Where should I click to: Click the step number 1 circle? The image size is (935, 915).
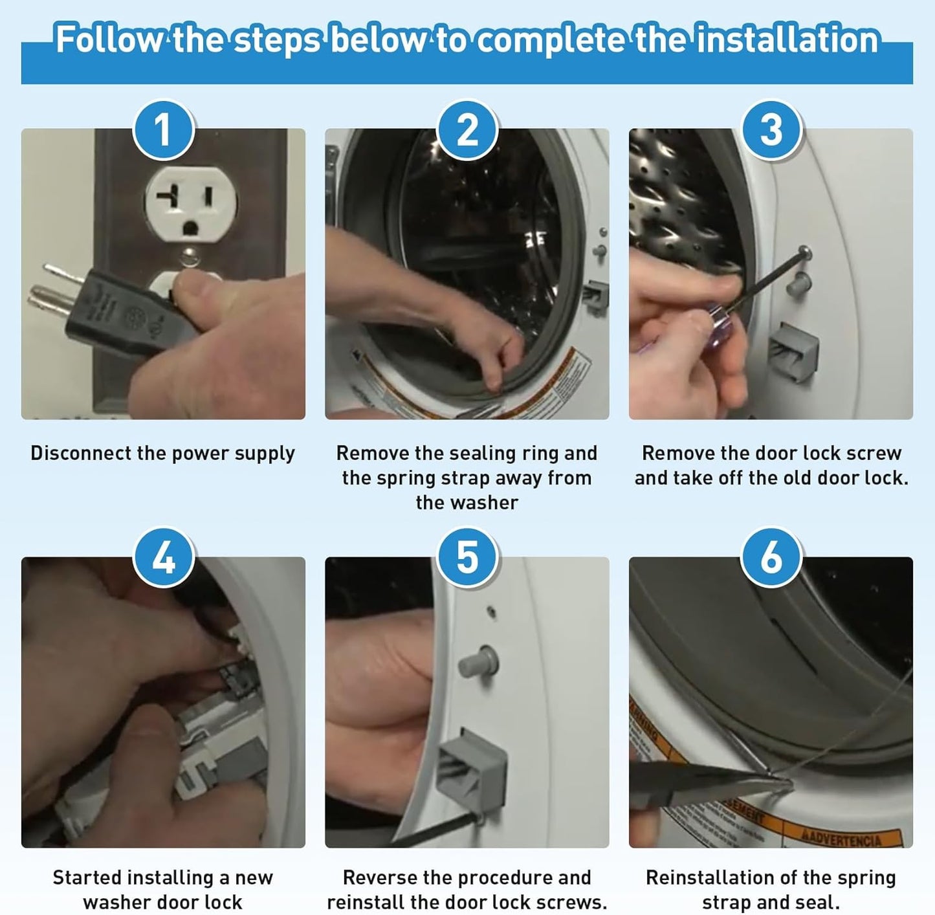tap(163, 129)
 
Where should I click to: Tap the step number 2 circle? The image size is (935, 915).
tap(467, 129)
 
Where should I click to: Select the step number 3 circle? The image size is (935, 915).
tap(771, 129)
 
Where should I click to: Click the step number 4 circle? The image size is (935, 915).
tap(163, 557)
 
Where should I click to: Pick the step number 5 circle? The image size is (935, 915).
tap(467, 557)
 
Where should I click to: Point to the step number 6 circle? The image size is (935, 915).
tap(771, 557)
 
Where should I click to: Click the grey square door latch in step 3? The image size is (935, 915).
tap(793, 351)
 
